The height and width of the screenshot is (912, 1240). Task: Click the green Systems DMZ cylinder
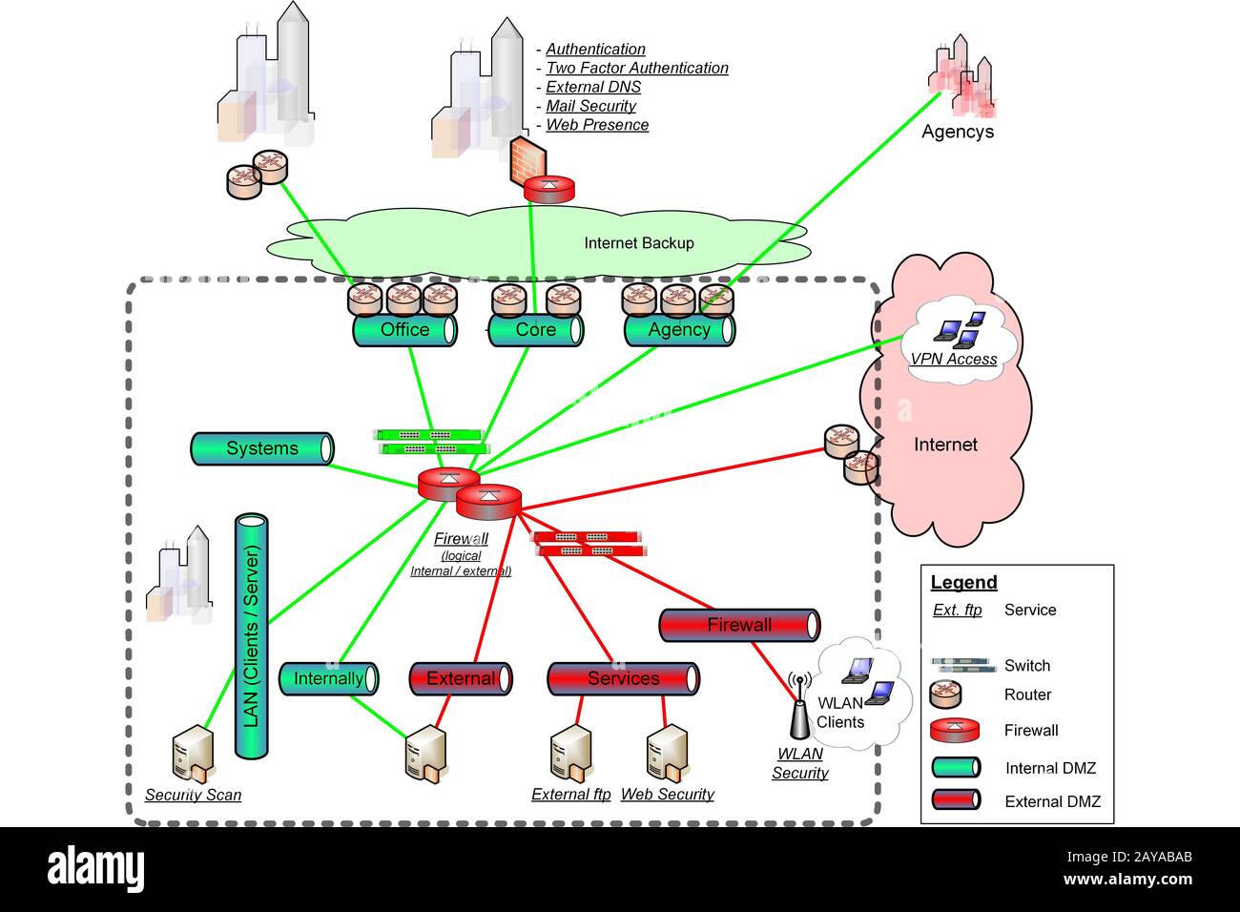262,448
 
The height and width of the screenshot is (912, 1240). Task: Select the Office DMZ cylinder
404,330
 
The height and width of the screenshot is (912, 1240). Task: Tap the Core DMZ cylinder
535,330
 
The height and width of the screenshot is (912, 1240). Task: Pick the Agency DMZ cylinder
679,330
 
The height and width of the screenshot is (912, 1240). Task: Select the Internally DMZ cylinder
328,678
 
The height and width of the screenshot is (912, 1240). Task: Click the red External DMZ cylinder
461,678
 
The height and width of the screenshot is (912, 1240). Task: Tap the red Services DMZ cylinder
623,678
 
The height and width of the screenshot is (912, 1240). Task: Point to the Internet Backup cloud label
638,243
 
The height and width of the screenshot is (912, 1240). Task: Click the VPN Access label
953,360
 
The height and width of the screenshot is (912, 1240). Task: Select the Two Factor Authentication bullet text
636,68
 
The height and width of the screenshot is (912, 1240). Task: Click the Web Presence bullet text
597,125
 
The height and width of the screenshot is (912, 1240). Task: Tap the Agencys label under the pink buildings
957,132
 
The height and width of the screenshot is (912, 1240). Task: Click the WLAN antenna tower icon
799,711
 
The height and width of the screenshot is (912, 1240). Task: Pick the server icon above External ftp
570,755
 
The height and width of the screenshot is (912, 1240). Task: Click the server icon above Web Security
666,755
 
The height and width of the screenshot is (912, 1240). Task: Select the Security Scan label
193,795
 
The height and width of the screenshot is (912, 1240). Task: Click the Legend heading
963,583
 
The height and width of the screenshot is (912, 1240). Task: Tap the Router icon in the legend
946,694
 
